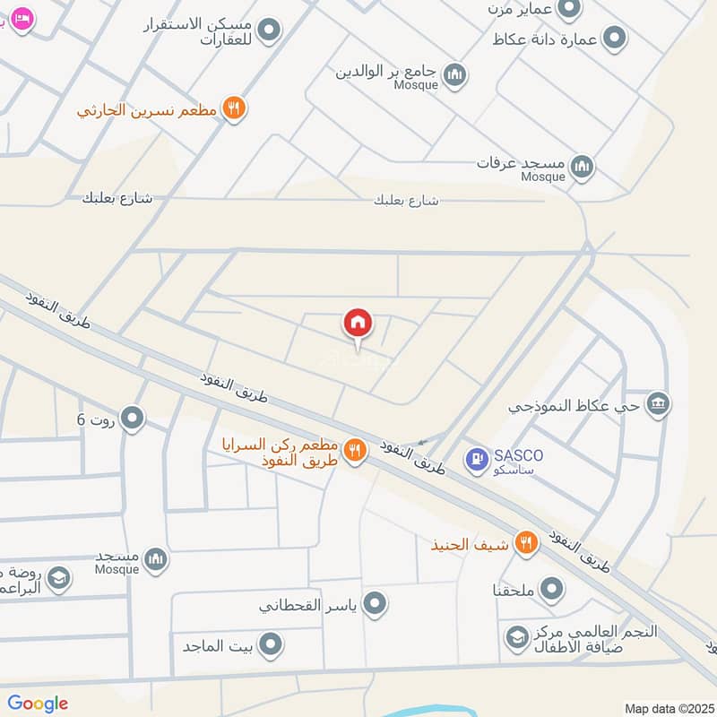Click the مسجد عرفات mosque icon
[x=583, y=166]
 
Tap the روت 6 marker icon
[x=133, y=418]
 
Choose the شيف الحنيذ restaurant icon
[x=526, y=542]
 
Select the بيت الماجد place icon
[x=272, y=644]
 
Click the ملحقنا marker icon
[x=553, y=590]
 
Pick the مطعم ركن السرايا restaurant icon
[x=355, y=451]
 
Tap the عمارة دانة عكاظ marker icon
[x=614, y=39]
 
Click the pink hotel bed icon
[x=22, y=18]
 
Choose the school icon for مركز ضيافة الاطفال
[x=516, y=638]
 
